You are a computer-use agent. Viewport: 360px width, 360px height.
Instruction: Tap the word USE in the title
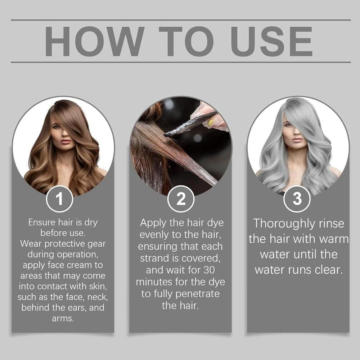271,41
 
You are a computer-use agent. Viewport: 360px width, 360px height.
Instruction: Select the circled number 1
59,199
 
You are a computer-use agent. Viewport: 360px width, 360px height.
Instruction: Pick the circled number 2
181,199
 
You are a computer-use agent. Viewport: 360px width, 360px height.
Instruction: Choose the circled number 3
297,199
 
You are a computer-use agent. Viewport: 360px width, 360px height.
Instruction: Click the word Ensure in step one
42,222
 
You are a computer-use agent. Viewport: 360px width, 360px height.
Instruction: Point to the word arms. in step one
63,319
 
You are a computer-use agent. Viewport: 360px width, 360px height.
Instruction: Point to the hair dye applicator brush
190,123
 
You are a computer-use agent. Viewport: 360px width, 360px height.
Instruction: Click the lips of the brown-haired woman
66,141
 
